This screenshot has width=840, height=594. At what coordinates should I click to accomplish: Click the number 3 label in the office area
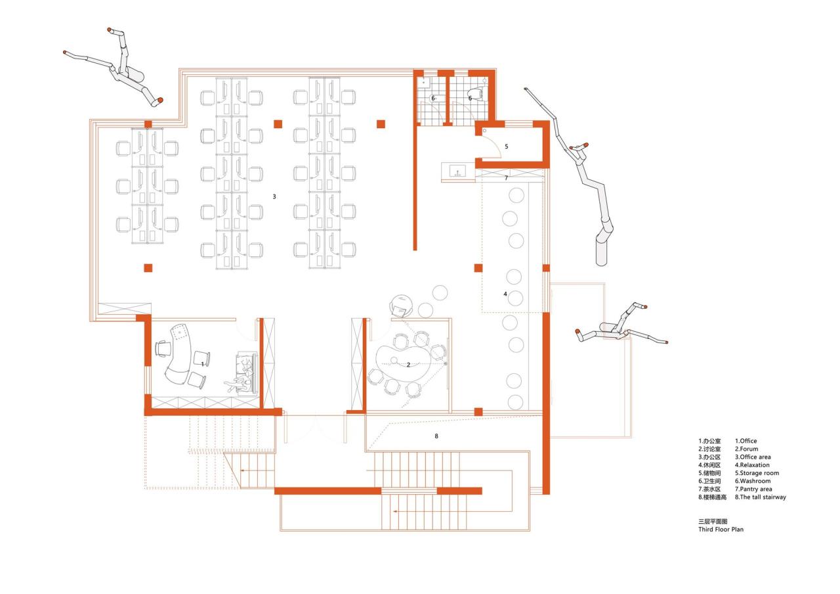point(274,196)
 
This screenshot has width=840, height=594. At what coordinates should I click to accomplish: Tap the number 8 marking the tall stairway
point(436,436)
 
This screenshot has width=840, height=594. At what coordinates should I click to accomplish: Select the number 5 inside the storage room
point(506,147)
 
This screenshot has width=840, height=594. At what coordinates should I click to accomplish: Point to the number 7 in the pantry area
point(506,178)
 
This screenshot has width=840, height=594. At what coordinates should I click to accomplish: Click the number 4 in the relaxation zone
point(505,294)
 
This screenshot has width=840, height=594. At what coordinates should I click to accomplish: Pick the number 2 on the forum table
point(408,365)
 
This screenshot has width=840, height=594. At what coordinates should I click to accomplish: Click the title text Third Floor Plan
point(721,528)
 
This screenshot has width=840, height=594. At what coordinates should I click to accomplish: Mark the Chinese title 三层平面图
point(713,520)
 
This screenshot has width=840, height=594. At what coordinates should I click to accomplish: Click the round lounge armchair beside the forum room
point(401,306)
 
